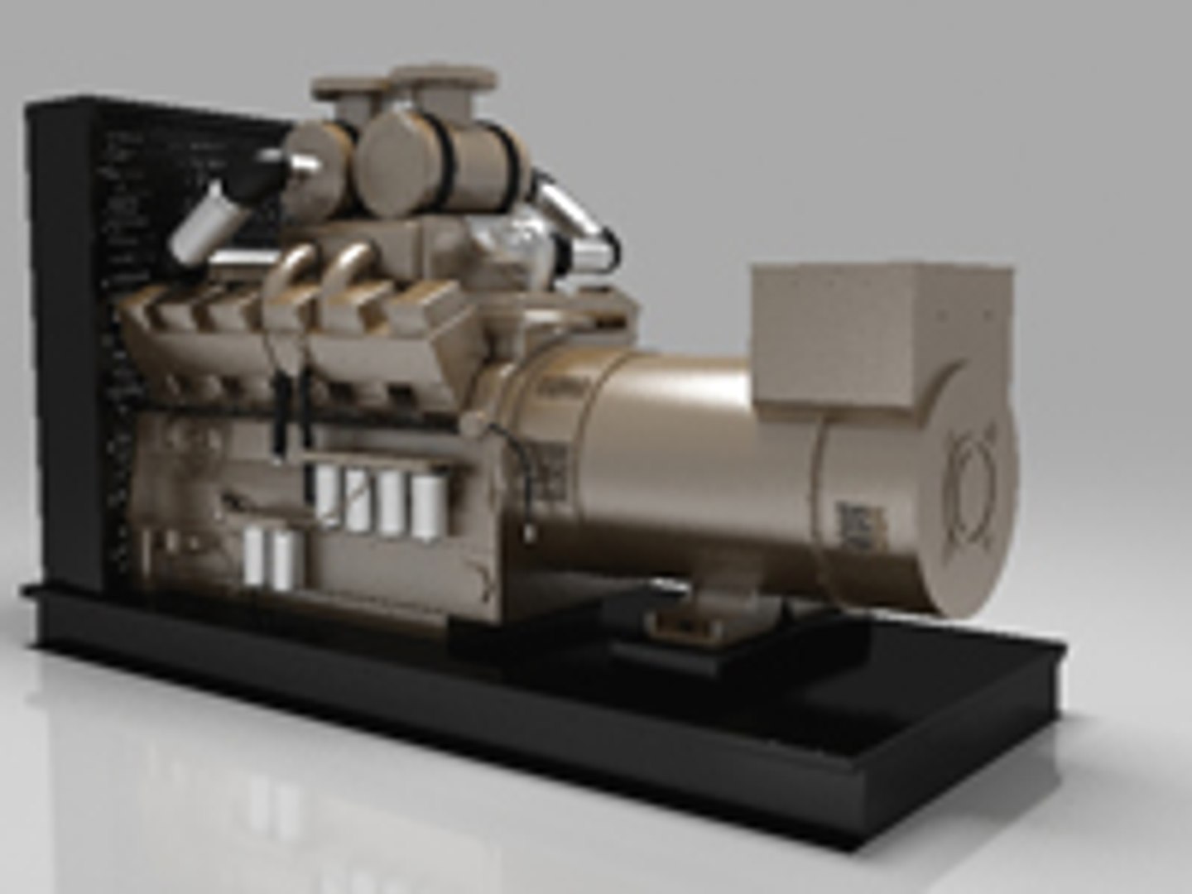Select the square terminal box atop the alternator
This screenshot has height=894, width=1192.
(877, 331)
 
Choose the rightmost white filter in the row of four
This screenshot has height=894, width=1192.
(426, 505)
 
